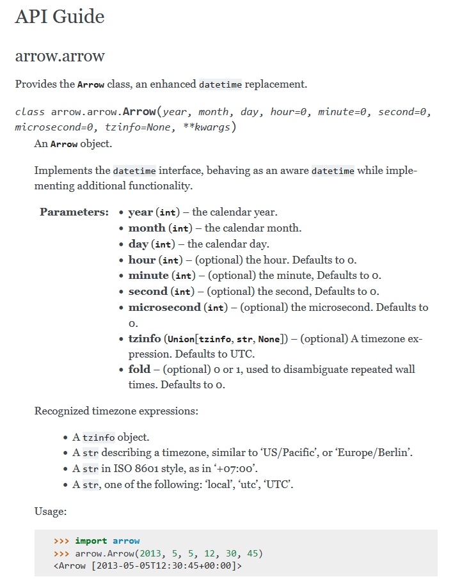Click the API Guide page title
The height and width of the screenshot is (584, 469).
pyautogui.click(x=60, y=17)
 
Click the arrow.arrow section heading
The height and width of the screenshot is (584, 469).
pyautogui.click(x=60, y=56)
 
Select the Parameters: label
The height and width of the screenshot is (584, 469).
pyautogui.click(x=74, y=212)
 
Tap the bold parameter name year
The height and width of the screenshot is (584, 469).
pyautogui.click(x=140, y=212)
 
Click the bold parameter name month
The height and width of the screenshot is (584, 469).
pyautogui.click(x=147, y=228)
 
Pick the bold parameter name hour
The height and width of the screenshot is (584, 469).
pyautogui.click(x=142, y=260)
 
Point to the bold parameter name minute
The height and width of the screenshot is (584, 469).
pyautogui.click(x=148, y=276)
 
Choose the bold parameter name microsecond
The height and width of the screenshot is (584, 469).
pyautogui.click(x=164, y=307)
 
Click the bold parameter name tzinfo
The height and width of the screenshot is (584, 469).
pyautogui.click(x=145, y=338)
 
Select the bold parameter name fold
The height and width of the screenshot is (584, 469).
pyautogui.click(x=139, y=369)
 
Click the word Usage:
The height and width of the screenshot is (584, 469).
pyautogui.click(x=51, y=511)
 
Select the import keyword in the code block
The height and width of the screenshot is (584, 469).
pyautogui.click(x=91, y=541)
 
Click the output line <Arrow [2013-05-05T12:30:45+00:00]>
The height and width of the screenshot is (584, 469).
pyautogui.click(x=148, y=566)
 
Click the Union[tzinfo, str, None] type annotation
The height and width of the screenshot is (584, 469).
pyautogui.click(x=224, y=339)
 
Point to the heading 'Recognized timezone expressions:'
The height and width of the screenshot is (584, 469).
pyautogui.click(x=116, y=411)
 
